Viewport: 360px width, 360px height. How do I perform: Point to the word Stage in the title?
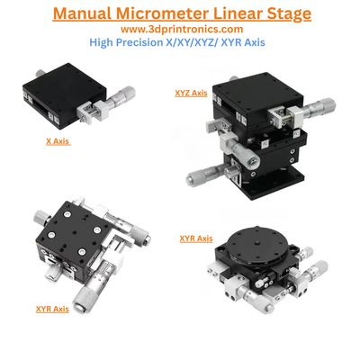[x=287, y=13]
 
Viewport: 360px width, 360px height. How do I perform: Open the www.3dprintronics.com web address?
[x=181, y=29]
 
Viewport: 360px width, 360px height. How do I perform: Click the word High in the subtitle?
[x=104, y=41]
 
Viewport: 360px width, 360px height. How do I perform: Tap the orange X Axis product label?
[x=58, y=141]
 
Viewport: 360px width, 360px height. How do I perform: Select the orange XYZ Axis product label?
[x=191, y=92]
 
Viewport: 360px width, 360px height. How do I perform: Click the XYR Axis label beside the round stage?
[x=196, y=238]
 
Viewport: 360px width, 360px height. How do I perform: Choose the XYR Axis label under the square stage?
[x=52, y=309]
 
